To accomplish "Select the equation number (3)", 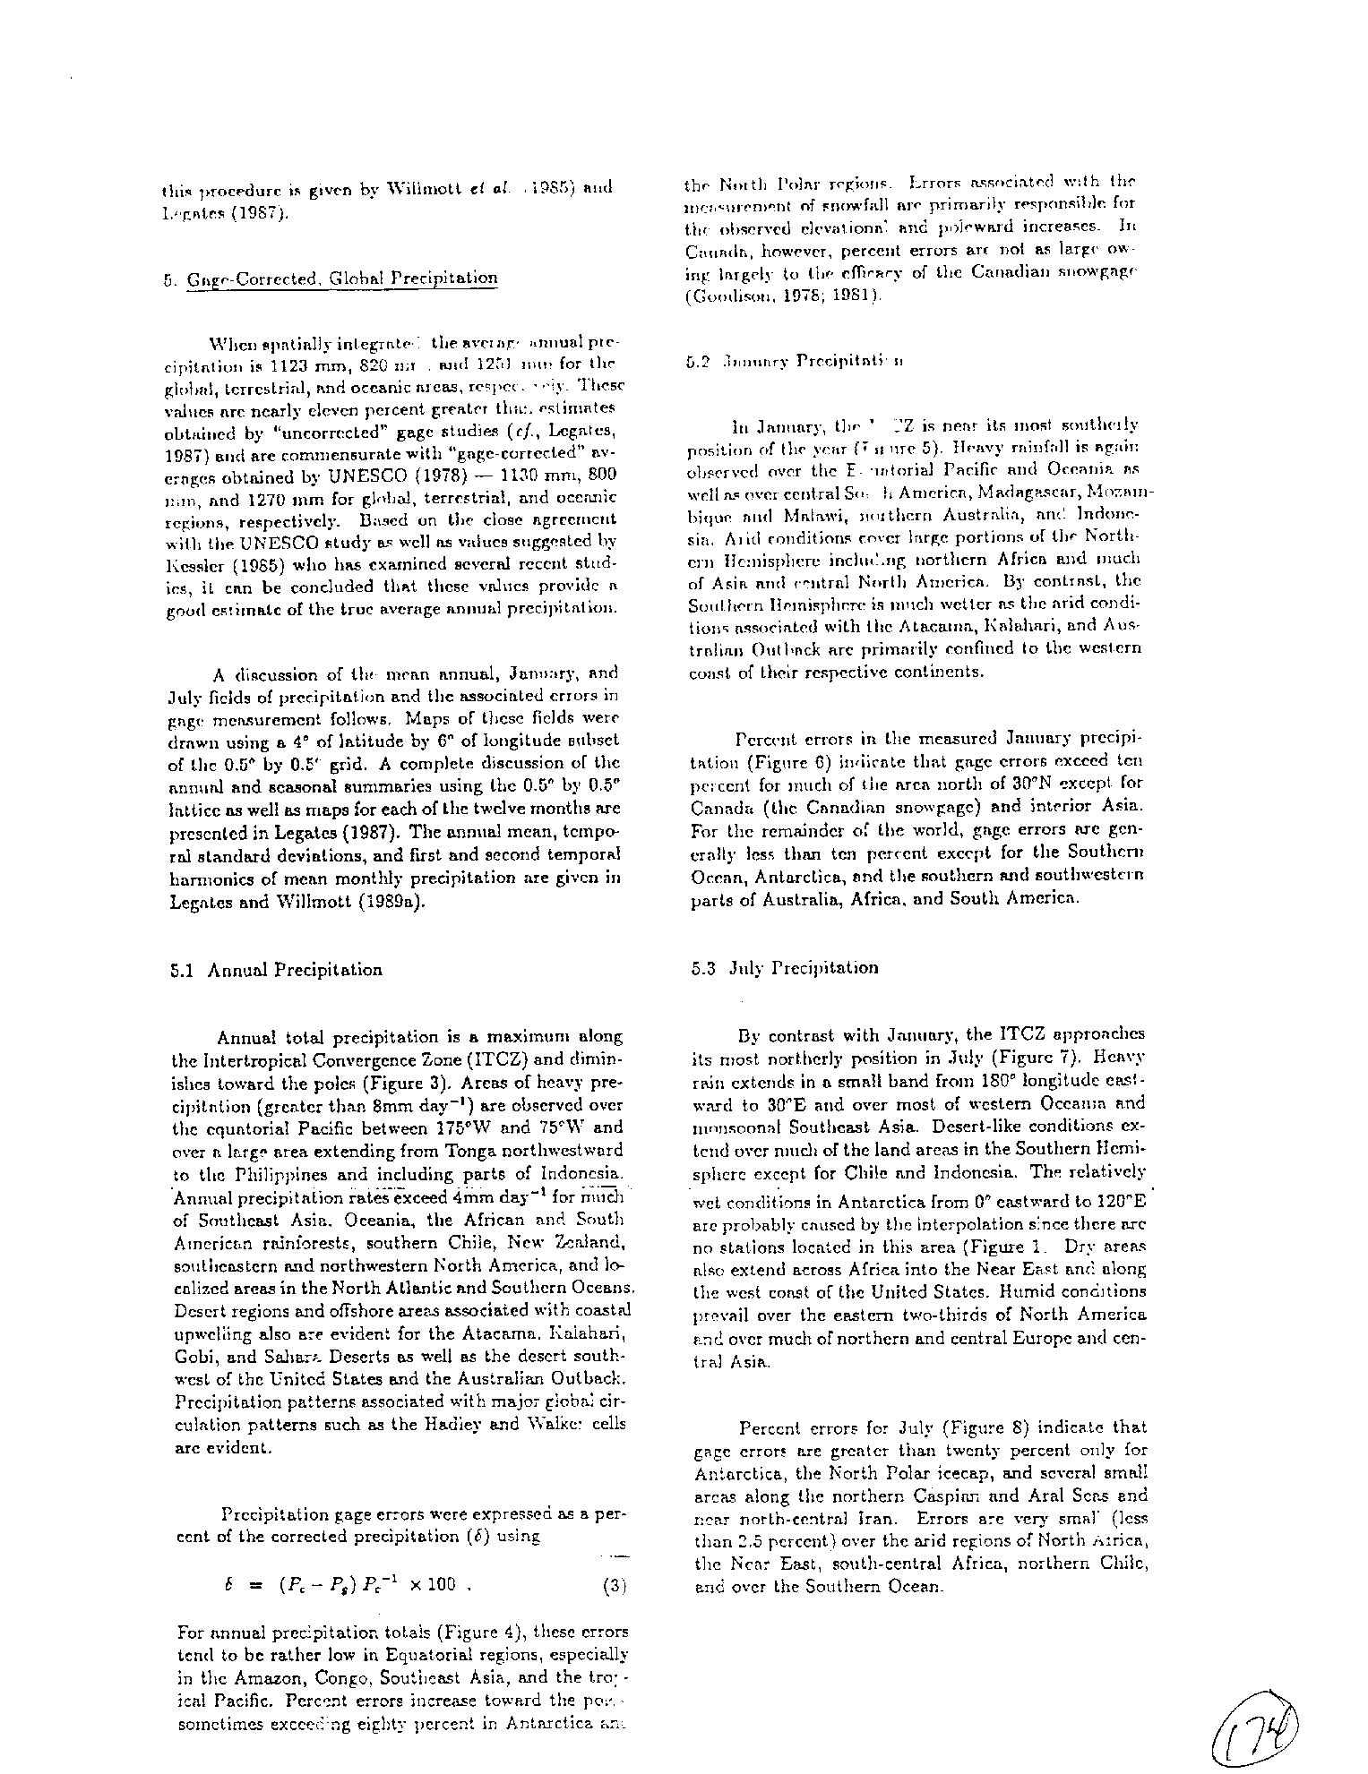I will point(615,1585).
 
